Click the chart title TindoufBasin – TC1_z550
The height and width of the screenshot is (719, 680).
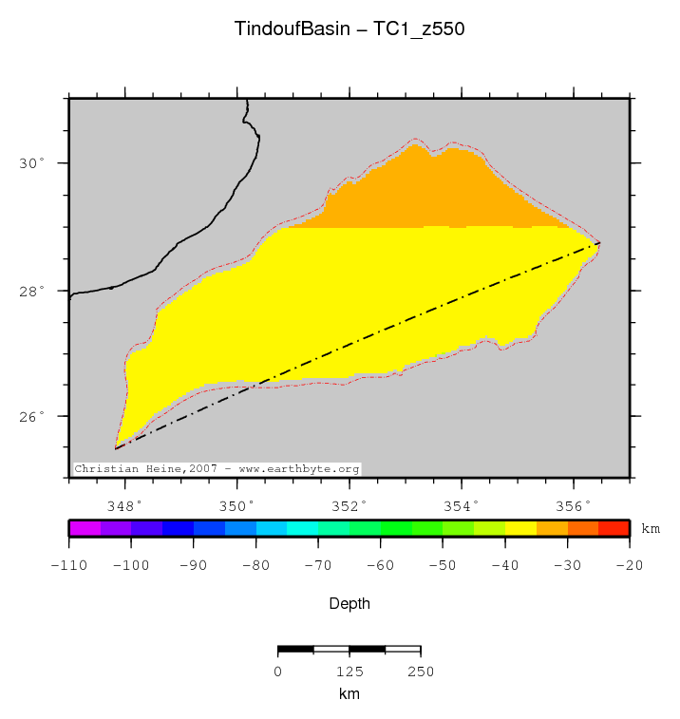[x=349, y=29]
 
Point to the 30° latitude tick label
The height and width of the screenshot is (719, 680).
[x=33, y=163]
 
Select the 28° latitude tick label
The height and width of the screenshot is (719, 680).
[x=33, y=291]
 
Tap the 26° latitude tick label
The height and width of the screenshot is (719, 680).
[x=33, y=417]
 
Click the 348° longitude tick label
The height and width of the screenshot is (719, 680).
[x=124, y=504]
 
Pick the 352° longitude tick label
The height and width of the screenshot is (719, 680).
[x=349, y=504]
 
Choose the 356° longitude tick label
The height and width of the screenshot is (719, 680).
[x=574, y=504]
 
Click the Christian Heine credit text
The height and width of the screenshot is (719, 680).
[x=217, y=469]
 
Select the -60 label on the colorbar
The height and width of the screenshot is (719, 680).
[x=380, y=565]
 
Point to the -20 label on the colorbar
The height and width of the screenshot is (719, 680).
[x=629, y=565]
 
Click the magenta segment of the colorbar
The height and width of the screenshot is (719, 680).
[x=85, y=528]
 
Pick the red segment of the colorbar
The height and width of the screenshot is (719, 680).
[x=614, y=528]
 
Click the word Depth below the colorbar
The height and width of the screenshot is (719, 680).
[x=349, y=604]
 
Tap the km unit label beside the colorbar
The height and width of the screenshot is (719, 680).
[x=651, y=528]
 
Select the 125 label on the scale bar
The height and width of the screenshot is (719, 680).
[x=349, y=672]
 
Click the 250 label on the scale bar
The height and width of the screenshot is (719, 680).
[x=420, y=672]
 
